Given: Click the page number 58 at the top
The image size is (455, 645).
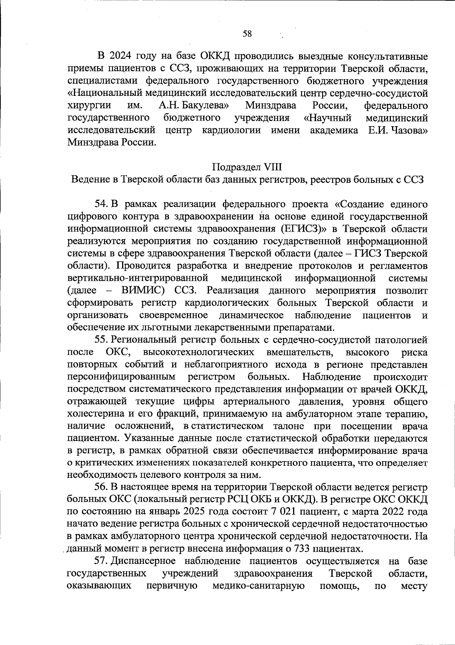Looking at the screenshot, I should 247,34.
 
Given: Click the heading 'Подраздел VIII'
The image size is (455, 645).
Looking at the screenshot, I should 247,167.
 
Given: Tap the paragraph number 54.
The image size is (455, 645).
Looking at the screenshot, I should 102,204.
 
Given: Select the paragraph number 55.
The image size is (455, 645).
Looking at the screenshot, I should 102,340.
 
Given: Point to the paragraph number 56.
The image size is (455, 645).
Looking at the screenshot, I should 102,487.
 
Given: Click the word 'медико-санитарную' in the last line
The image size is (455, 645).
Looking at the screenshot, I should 259,586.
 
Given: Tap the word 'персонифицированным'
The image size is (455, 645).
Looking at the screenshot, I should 121,377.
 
